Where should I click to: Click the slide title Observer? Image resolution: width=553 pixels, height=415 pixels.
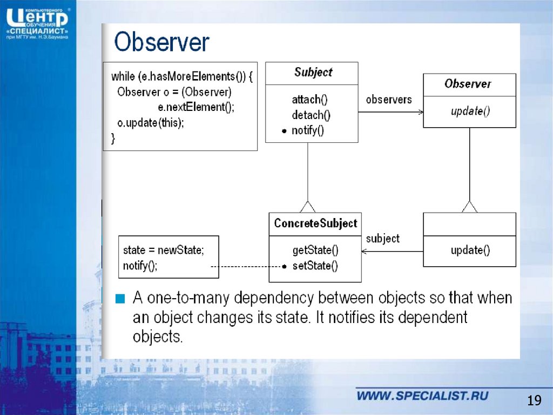click(x=161, y=42)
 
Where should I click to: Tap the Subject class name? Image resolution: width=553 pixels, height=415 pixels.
click(x=313, y=73)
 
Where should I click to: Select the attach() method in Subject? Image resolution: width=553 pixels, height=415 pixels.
click(x=309, y=100)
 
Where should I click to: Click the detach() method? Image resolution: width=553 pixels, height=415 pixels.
click(x=311, y=115)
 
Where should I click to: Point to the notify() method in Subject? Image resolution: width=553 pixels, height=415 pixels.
click(x=307, y=131)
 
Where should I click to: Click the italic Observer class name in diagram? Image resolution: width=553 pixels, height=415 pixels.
click(x=468, y=84)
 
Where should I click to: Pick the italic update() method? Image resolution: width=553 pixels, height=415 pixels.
click(x=470, y=111)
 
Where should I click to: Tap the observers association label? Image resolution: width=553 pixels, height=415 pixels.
click(x=389, y=100)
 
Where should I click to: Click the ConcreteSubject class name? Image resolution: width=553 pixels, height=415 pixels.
click(x=315, y=223)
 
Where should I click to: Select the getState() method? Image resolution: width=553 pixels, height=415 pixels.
click(x=315, y=251)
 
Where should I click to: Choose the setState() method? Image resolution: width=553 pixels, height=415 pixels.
click(x=315, y=266)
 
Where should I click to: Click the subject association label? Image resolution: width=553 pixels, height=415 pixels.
click(x=383, y=239)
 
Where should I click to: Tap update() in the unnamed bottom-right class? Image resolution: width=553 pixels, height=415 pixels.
click(x=470, y=251)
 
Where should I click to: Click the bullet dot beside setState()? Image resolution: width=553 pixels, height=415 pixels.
click(x=284, y=267)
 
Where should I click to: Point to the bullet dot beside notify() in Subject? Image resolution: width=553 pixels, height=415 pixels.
click(x=284, y=131)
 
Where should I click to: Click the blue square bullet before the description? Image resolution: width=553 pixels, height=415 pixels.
click(x=120, y=299)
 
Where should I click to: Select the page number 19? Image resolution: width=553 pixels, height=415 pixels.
click(x=534, y=400)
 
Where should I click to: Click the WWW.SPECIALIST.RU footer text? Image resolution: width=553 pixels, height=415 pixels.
click(x=422, y=396)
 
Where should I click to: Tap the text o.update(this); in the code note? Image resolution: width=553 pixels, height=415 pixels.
click(x=151, y=123)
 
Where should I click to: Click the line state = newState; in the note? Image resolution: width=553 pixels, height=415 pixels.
click(x=163, y=251)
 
